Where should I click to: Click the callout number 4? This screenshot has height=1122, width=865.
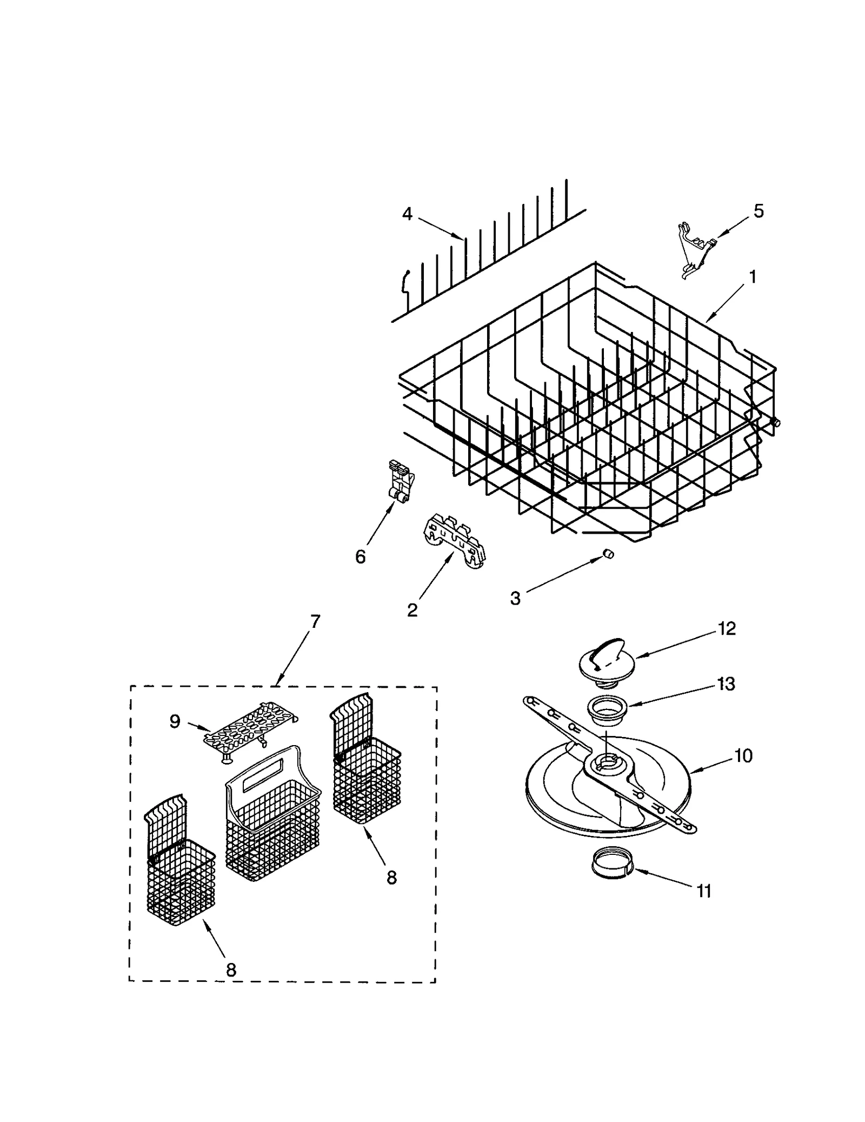(407, 214)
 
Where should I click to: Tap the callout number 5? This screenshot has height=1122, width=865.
(758, 211)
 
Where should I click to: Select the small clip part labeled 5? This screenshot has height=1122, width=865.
(694, 249)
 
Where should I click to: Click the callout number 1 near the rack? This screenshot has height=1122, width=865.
(752, 277)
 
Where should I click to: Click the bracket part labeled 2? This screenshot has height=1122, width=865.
(454, 542)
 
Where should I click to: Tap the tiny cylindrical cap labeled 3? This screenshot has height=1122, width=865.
(608, 553)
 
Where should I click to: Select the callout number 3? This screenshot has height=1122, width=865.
(515, 598)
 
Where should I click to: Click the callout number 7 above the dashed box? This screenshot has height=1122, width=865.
(315, 621)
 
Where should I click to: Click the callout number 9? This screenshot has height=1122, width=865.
(175, 722)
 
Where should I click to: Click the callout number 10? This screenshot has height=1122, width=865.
(743, 756)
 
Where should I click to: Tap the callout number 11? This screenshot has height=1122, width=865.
(703, 891)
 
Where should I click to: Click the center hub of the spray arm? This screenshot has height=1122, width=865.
(606, 764)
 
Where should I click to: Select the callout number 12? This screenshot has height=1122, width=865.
(727, 629)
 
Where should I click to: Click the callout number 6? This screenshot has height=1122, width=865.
(361, 556)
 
